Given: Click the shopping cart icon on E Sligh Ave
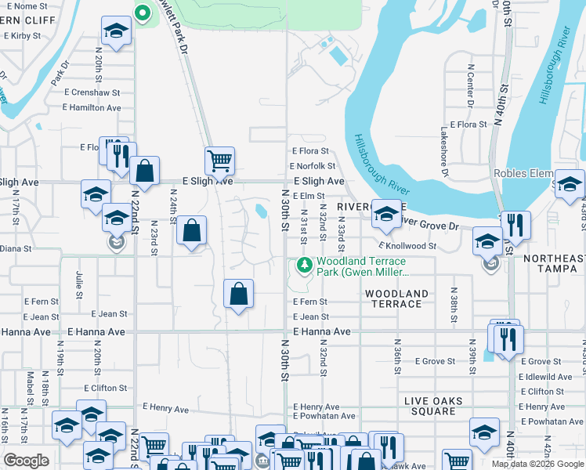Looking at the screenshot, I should [x=220, y=161].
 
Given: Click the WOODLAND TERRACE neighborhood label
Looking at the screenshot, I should [x=396, y=299].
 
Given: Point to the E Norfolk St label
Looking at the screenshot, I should [x=312, y=166].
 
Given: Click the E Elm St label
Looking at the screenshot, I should [x=309, y=196].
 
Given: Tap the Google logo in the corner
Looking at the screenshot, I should [x=26, y=461].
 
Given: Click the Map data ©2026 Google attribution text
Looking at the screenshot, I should [x=537, y=464].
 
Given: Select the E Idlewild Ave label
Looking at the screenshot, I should [x=546, y=377].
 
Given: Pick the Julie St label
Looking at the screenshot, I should [x=80, y=285].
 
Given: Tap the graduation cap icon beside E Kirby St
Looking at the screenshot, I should [x=116, y=32].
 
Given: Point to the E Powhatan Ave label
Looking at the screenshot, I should [x=317, y=418].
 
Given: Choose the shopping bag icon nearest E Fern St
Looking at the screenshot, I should [x=239, y=295].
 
